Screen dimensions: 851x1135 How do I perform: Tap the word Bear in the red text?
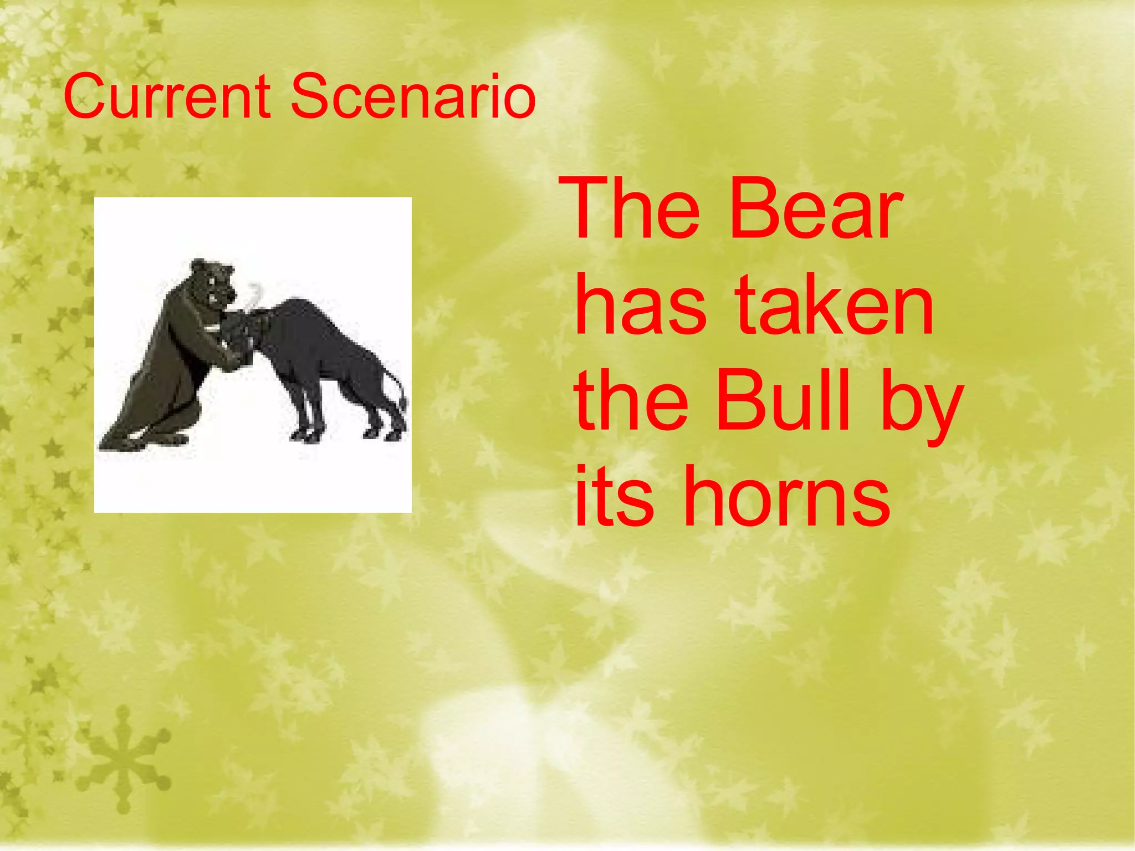[815, 209]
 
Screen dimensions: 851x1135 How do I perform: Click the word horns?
[787, 496]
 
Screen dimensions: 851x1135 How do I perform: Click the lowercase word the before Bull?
[632, 400]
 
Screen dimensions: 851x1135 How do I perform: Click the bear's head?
[213, 283]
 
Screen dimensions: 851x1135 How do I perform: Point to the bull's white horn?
[255, 297]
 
